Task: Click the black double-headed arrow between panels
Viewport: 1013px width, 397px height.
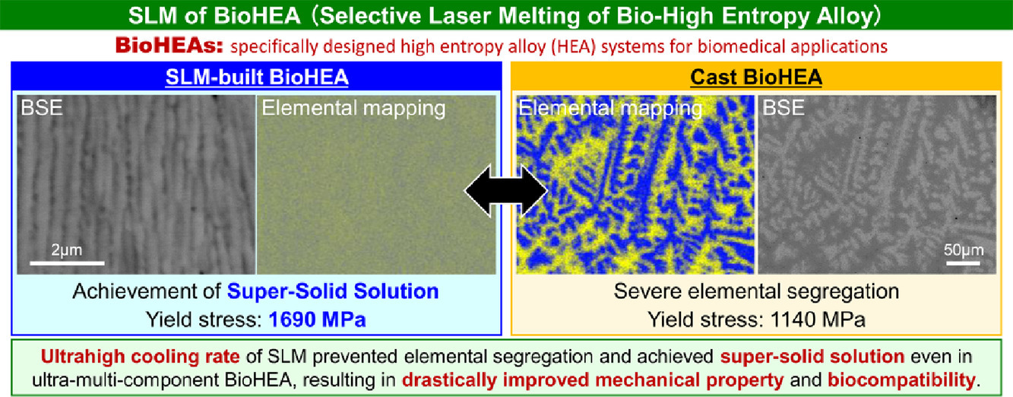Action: point(506,190)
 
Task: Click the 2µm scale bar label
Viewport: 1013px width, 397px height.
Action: point(66,250)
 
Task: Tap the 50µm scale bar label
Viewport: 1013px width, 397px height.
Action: point(964,250)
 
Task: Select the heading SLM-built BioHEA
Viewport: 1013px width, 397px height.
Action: point(257,77)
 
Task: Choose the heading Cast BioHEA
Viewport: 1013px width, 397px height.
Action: point(756,77)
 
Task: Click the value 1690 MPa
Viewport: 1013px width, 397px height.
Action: point(317,319)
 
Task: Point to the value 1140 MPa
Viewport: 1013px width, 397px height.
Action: point(817,319)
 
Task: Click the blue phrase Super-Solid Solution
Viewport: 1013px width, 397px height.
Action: point(333,291)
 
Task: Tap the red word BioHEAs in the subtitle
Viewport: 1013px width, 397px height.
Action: point(169,46)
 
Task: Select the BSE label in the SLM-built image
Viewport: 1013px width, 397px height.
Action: point(42,108)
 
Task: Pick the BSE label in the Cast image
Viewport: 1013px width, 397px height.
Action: point(783,108)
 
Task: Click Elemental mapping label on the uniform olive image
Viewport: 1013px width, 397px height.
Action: point(353,109)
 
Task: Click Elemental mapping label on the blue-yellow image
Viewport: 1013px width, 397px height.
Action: point(610,109)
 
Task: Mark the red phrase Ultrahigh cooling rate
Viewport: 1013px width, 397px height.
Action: point(140,357)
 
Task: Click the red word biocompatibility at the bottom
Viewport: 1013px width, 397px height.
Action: point(901,380)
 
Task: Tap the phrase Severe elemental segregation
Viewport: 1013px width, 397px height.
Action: point(756,291)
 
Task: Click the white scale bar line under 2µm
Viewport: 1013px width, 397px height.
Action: point(67,262)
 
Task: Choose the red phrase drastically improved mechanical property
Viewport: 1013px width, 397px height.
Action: point(593,380)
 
